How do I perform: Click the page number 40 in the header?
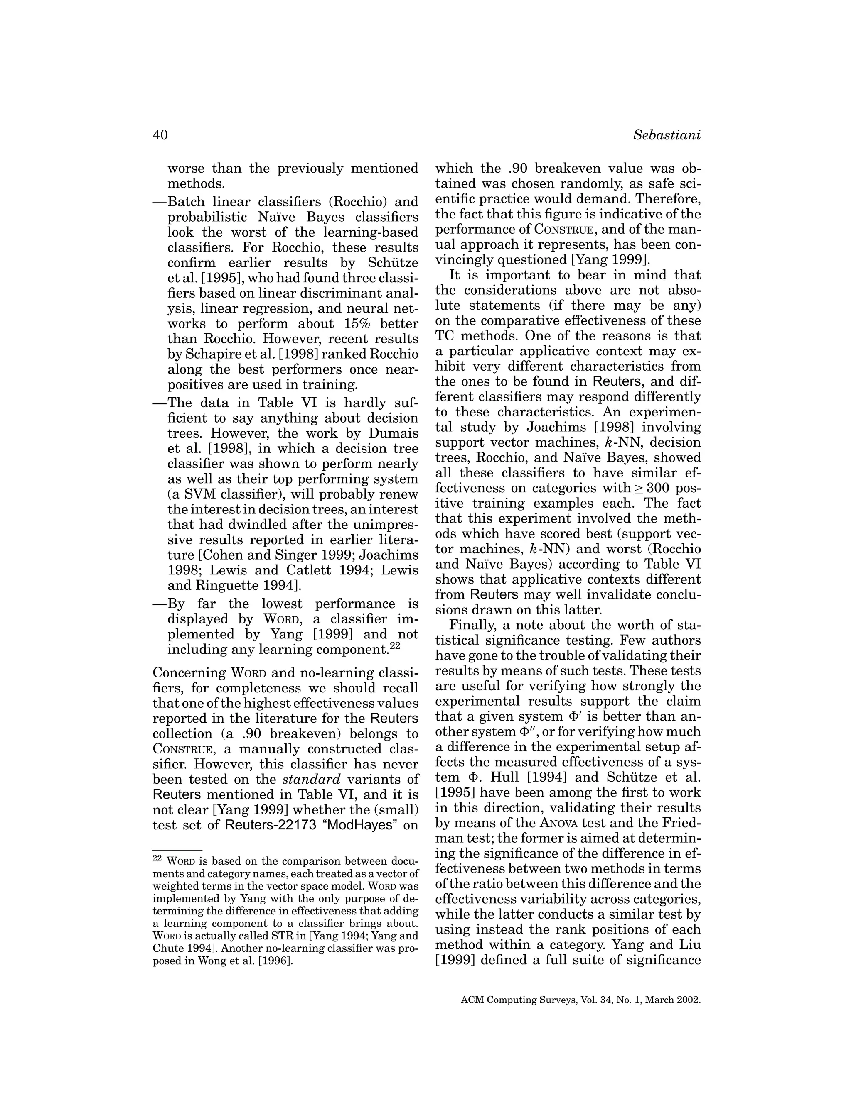point(160,135)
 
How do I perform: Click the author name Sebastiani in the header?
point(667,135)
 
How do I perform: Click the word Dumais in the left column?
point(393,433)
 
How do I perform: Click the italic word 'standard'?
point(311,779)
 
